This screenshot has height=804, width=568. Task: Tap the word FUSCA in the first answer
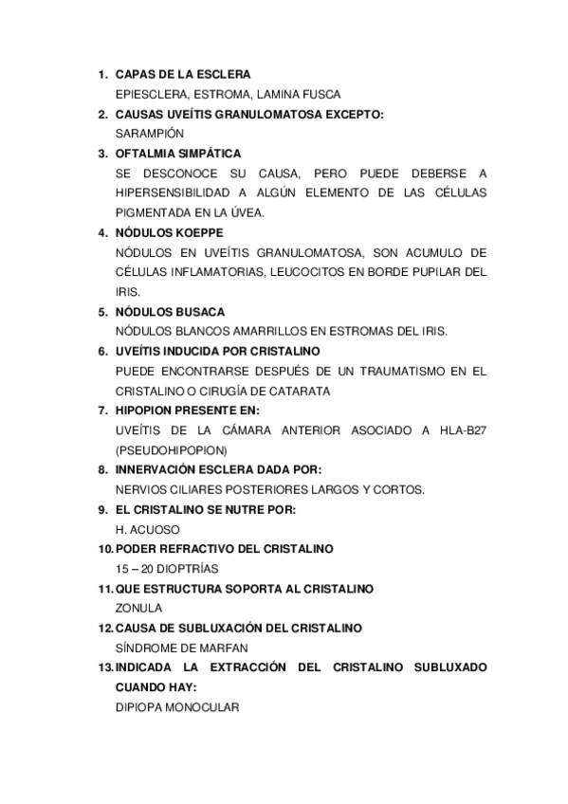coord(319,94)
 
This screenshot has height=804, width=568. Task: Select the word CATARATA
coord(298,392)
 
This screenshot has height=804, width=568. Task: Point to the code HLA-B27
coord(464,430)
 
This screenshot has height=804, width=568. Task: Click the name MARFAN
coord(226,648)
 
